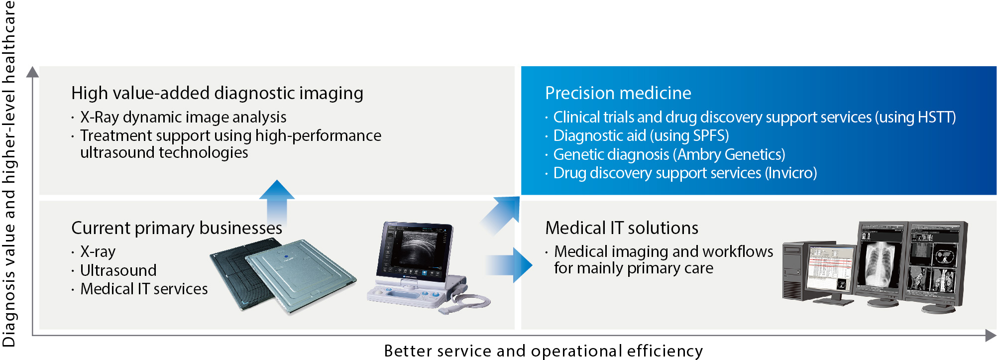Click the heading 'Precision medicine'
tap(618, 93)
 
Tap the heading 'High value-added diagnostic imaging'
tap(217, 93)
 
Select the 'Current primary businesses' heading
tap(177, 228)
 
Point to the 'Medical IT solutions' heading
tap(622, 228)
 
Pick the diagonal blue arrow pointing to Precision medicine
tap(501, 215)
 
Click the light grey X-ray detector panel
tap(301, 276)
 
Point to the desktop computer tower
tap(795, 271)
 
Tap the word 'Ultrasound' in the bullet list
tap(118, 270)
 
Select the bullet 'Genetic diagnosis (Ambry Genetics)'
tap(669, 154)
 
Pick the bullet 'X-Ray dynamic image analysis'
tap(183, 117)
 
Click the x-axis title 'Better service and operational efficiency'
tap(544, 351)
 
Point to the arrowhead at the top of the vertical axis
tap(32, 72)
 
